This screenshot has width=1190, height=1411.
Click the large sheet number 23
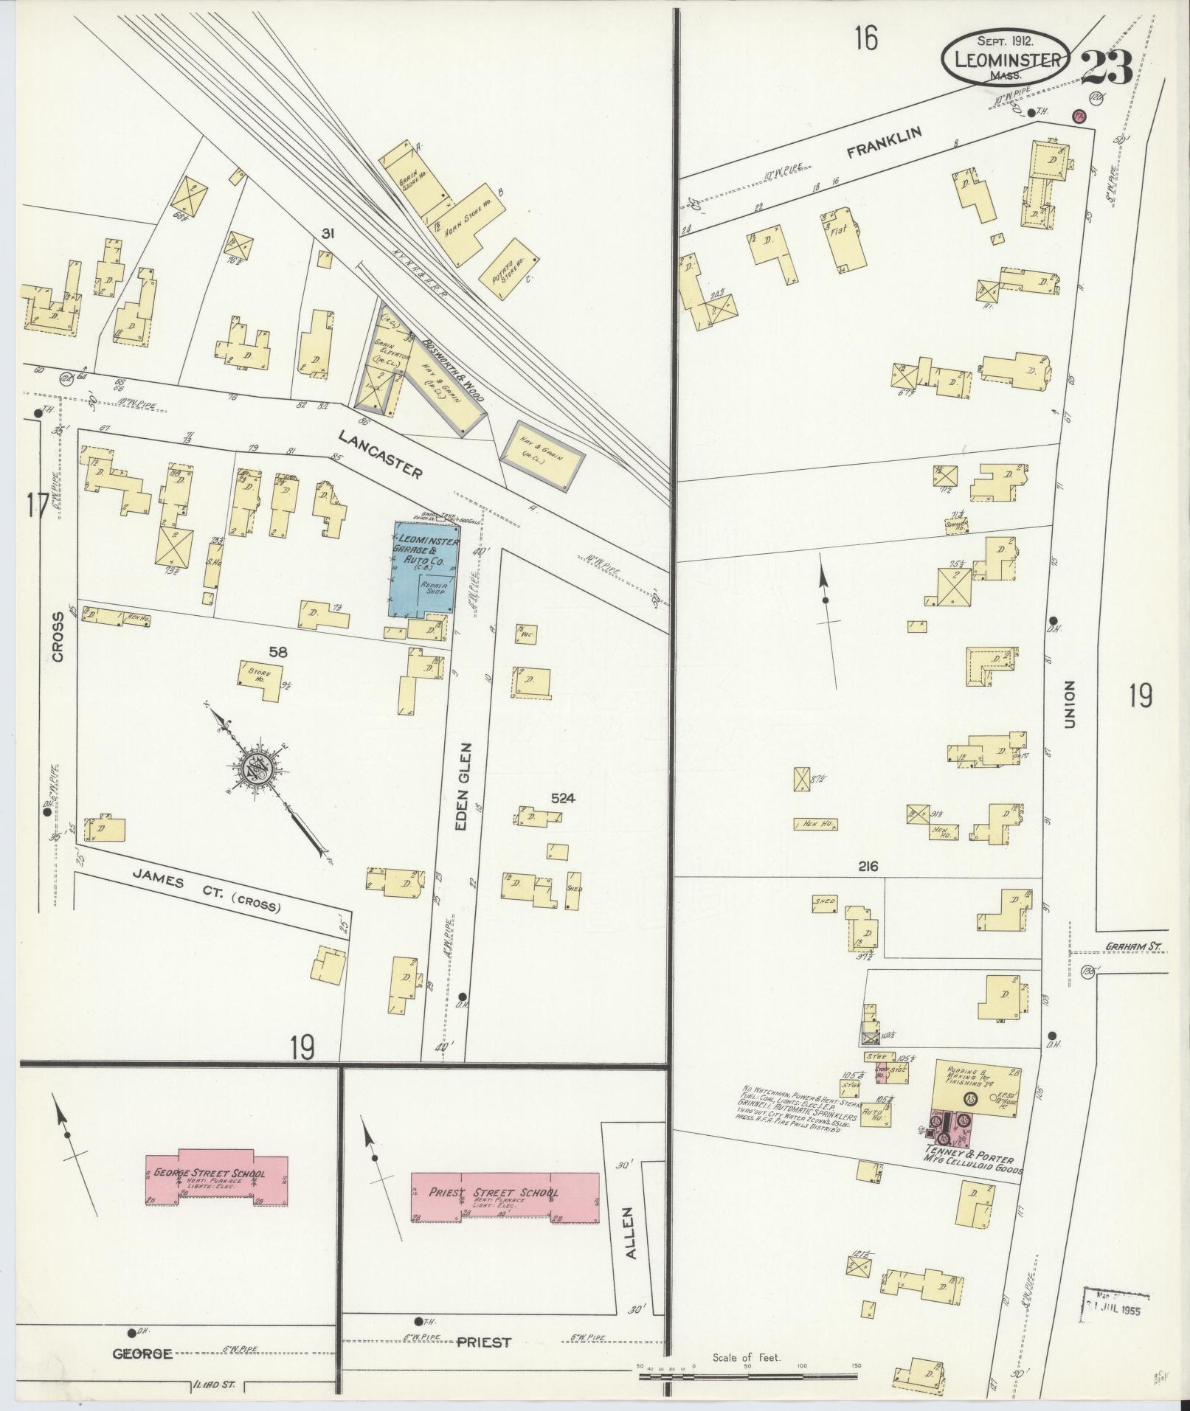[x=1106, y=68]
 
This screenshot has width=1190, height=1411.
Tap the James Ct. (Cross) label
[x=207, y=890]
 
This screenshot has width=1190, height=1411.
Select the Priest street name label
[x=484, y=1342]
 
